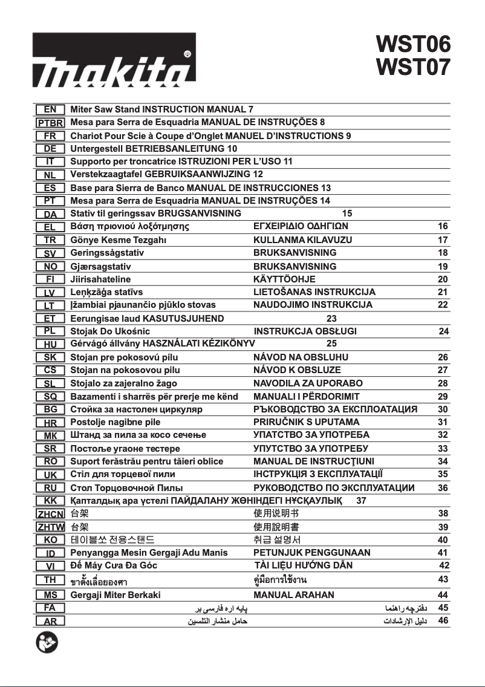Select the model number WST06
tap(414, 44)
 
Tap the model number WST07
tap(414, 67)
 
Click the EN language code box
tap(50, 109)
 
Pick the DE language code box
tap(50, 149)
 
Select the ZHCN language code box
tap(50, 514)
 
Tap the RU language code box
tap(50, 487)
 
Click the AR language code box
tap(50, 621)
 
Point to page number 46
tap(443, 620)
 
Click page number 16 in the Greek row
tap(443, 227)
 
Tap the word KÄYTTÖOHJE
tap(284, 279)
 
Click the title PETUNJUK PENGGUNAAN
tap(311, 553)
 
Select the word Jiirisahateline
tap(100, 279)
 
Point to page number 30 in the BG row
tap(443, 409)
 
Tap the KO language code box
tap(50, 540)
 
